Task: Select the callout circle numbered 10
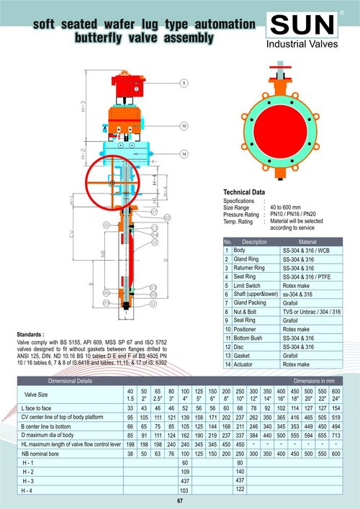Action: pos(184,126)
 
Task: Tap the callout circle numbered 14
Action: pos(184,154)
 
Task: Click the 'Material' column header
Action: pos(307,242)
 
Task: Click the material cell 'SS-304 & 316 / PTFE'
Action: pos(310,276)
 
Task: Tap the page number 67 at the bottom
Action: pos(180,500)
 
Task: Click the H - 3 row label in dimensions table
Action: pos(32,479)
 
